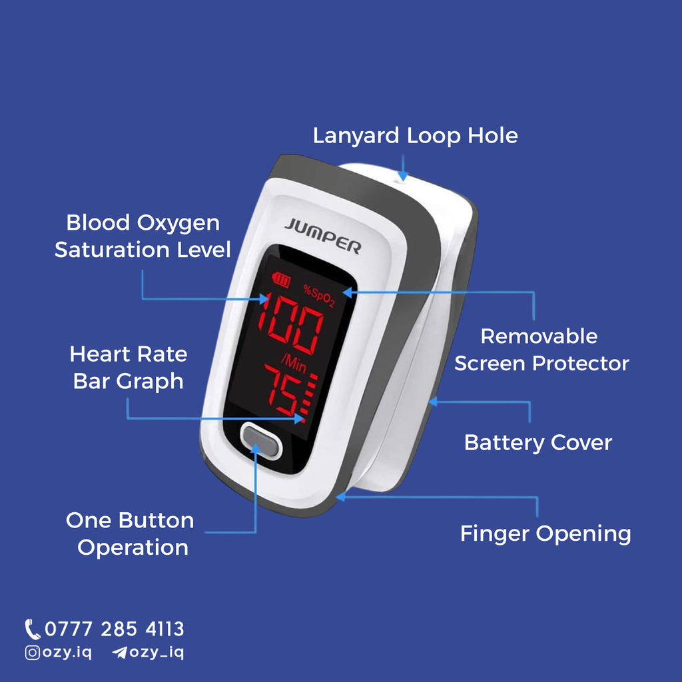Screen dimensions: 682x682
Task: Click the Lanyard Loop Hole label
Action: point(416,136)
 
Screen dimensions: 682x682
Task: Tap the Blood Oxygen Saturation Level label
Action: point(143,236)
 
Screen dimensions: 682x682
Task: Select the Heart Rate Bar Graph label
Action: point(129,368)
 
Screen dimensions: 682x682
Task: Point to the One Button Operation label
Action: point(131,533)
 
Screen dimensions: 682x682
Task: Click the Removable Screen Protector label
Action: point(541,350)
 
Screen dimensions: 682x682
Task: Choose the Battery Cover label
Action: point(538,443)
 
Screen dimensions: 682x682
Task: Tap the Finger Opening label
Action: point(545,534)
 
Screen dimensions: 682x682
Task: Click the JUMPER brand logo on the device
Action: point(323,236)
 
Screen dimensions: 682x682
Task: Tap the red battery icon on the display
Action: point(281,279)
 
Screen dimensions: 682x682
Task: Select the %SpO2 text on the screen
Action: point(320,296)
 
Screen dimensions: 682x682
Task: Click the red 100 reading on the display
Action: point(290,323)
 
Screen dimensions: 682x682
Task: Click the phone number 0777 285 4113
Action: point(115,629)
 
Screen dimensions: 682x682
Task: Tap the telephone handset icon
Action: point(32,629)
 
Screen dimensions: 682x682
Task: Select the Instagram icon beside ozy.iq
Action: point(33,653)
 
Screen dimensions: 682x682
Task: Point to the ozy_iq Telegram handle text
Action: point(157,653)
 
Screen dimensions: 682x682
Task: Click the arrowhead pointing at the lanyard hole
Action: point(403,176)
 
